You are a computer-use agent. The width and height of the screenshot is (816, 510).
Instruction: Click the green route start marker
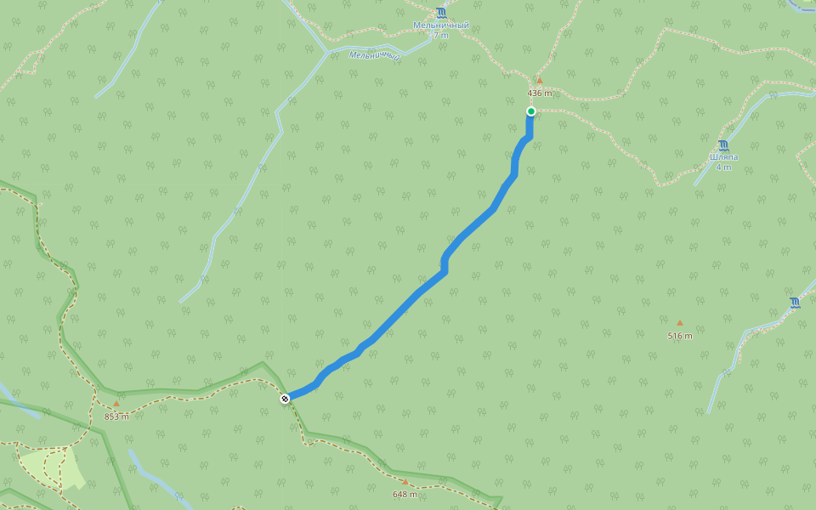(x=531, y=111)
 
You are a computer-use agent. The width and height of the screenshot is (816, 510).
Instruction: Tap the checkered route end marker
(x=285, y=399)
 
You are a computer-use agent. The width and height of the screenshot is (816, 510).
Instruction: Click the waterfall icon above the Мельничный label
(x=440, y=13)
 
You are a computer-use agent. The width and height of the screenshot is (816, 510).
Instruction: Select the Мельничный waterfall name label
(x=440, y=25)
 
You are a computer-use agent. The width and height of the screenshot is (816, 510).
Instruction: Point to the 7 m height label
(x=440, y=36)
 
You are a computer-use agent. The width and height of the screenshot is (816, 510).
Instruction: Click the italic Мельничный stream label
(x=375, y=55)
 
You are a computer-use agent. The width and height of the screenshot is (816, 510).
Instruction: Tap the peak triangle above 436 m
(x=539, y=81)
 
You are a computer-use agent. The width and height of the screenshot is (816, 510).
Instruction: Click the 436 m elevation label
(x=539, y=93)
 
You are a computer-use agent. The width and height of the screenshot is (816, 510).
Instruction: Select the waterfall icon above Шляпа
(x=723, y=144)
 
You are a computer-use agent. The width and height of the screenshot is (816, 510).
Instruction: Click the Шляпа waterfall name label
(x=723, y=157)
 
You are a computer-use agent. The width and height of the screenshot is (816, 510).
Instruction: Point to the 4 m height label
(x=723, y=167)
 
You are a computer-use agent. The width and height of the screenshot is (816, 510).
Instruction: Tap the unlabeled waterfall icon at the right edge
(x=795, y=302)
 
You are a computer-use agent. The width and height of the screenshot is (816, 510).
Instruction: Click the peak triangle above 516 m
(x=679, y=323)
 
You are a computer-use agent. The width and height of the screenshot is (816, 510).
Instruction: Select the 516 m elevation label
(x=679, y=336)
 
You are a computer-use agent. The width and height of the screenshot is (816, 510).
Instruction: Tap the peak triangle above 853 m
(x=116, y=404)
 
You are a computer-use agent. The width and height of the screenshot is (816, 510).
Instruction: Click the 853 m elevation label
(x=116, y=416)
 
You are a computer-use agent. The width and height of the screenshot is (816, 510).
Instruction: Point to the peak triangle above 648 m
(x=405, y=482)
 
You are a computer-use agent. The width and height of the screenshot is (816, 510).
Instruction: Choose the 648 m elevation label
(x=405, y=494)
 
